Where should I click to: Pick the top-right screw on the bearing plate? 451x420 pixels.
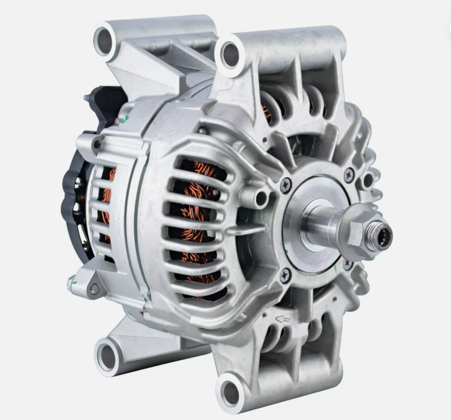point(348,175)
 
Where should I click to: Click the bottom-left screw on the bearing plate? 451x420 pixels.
point(285,275)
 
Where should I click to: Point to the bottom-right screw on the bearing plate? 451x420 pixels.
point(348,265)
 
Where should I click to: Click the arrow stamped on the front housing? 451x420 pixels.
point(282,319)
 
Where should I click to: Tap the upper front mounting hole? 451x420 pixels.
point(230,55)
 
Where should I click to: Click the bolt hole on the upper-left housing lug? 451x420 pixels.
point(97,145)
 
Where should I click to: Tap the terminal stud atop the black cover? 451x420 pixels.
point(87,98)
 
